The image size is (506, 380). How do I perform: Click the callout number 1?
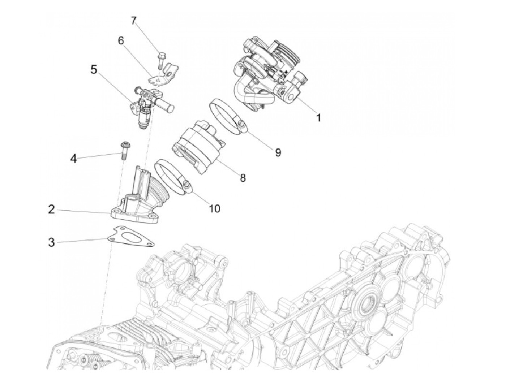coord(318,117)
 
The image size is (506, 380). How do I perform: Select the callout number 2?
coord(52,209)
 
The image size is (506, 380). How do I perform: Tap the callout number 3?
coord(52,242)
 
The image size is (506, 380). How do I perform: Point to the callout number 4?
coord(74,158)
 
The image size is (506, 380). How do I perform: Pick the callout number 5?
coord(94,69)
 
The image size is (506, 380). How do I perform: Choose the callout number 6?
coord(120,41)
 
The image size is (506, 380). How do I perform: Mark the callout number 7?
coord(134,21)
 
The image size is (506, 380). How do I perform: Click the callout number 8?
coord(243,177)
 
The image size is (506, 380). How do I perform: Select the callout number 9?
coord(278,152)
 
